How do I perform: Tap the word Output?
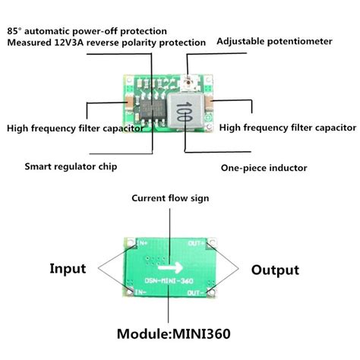tap(274, 270)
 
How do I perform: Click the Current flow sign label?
tap(170, 198)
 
